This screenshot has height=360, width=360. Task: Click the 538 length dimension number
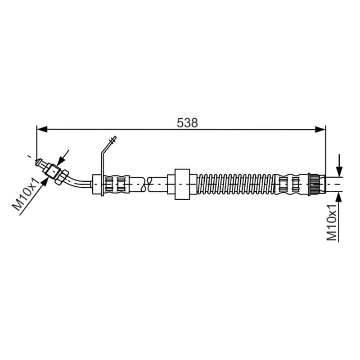(187, 123)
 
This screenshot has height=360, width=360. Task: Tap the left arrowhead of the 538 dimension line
(42, 130)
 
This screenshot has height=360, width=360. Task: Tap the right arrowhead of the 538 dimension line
(320, 130)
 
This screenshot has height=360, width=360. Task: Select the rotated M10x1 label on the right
(332, 222)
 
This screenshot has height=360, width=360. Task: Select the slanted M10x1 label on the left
(26, 194)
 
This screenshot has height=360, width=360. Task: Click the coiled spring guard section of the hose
(236, 184)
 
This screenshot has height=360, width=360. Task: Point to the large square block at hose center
(182, 184)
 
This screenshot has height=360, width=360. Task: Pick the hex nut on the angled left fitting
(62, 177)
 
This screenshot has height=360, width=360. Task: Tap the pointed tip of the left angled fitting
(36, 162)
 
